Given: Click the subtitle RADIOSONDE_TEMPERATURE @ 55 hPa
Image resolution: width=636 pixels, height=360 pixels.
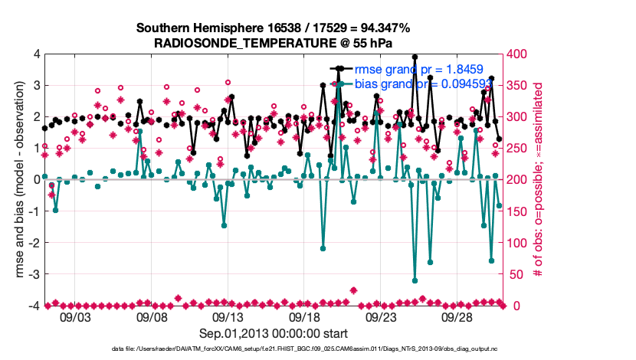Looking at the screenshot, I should (274, 43).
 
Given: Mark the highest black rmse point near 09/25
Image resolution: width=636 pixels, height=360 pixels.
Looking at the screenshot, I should (415, 57).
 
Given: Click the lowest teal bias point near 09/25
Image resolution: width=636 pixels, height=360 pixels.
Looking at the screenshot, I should (415, 280).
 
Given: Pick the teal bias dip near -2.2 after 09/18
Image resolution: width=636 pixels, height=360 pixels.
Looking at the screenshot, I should (323, 248).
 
